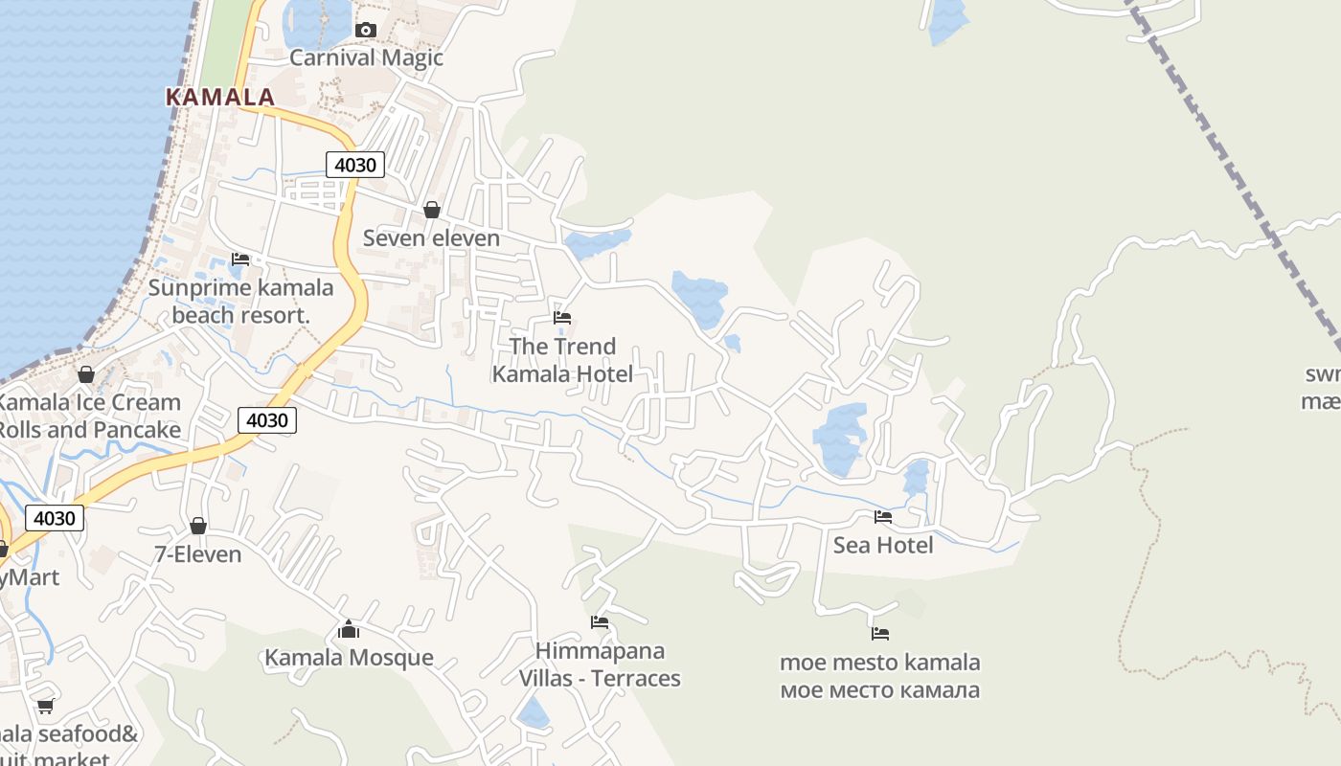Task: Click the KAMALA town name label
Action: (220, 97)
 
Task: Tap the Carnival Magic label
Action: (366, 57)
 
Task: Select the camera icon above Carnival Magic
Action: (365, 31)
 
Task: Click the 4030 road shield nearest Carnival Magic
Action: (354, 165)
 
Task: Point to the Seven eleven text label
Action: (431, 237)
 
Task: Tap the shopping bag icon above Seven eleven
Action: (432, 210)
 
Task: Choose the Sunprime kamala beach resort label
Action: (240, 301)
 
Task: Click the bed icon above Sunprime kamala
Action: (240, 259)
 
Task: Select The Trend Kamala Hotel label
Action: (562, 359)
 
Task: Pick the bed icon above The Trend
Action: (562, 318)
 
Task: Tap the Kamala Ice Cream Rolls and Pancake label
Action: (89, 416)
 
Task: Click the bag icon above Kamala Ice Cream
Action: (86, 374)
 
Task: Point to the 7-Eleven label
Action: (198, 554)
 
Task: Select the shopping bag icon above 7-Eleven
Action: (198, 526)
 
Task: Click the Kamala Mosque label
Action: (349, 658)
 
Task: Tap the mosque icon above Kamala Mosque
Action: (349, 629)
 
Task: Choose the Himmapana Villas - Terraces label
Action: (600, 665)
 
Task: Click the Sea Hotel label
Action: (883, 545)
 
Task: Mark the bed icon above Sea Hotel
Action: (883, 517)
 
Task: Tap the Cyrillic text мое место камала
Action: (880, 689)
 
